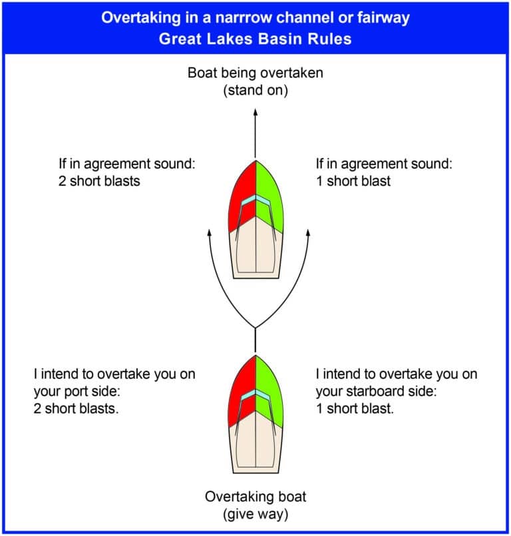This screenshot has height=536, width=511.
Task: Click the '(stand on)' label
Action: coord(255,91)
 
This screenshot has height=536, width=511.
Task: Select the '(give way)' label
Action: coord(255,514)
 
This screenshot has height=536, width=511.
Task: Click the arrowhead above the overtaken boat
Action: coord(255,112)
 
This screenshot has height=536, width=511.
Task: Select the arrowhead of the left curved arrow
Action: coord(210,233)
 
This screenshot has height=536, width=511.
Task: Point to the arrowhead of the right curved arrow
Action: coord(308,233)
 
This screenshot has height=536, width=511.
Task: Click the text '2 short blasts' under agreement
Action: coord(99,181)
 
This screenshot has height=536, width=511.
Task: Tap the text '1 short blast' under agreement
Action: coord(353,181)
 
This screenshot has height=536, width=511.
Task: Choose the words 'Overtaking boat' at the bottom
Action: coord(255,497)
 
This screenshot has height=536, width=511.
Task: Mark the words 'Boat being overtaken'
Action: coord(255,73)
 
